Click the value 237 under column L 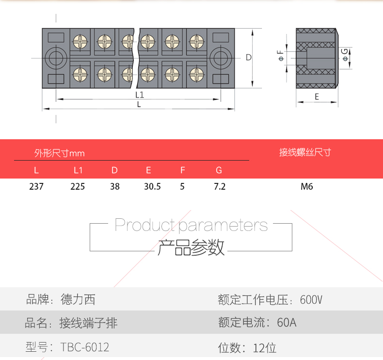(36, 186)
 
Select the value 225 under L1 (78, 186)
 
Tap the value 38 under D (115, 186)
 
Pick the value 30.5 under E (152, 186)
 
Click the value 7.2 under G (220, 186)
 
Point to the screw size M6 (307, 186)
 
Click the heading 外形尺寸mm (59, 153)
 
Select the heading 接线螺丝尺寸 (305, 152)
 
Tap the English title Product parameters (191, 225)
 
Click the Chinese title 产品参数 (191, 247)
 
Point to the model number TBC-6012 (85, 347)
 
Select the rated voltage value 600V (311, 300)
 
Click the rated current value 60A (287, 323)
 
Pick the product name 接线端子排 (88, 323)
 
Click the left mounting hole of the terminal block (57, 58)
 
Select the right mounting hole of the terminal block (222, 58)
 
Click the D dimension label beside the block (248, 57)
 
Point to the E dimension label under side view (317, 97)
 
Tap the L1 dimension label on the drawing (140, 95)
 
